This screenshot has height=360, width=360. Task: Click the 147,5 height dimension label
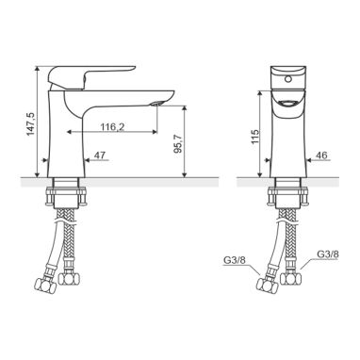pos(30,123)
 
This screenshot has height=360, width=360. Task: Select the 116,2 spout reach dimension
pos(112,127)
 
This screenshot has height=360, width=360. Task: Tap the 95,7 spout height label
pos(178,143)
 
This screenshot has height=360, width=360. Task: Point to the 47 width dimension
pos(100,155)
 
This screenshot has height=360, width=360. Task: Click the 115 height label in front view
pos(255,137)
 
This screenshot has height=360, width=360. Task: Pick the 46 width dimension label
pos(321,155)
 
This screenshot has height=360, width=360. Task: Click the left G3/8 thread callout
pos(233,260)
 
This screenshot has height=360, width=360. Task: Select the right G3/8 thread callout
pos(328,254)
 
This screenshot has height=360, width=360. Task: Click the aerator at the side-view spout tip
pos(156,104)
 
